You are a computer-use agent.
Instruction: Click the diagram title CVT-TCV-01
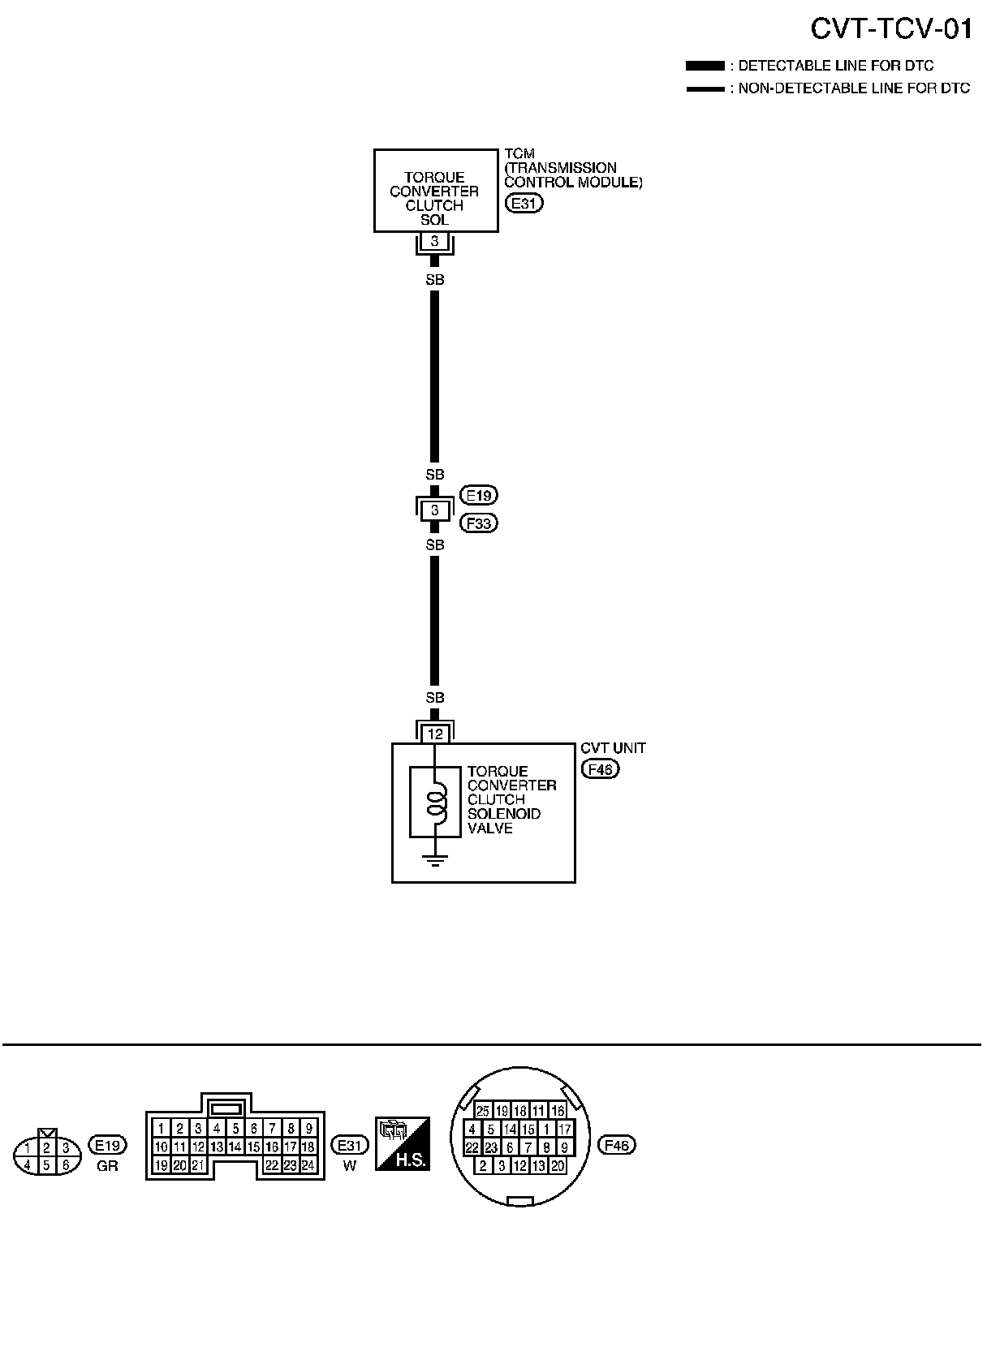coord(890,30)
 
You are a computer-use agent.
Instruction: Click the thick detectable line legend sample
coord(705,66)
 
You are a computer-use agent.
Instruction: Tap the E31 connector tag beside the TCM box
coord(524,204)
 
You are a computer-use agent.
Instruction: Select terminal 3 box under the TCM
coord(435,241)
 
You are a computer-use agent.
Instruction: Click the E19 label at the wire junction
coord(479,495)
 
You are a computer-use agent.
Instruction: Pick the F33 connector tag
coord(479,523)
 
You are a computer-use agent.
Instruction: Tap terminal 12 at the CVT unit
coord(436,734)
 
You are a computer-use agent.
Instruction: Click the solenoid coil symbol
coord(437,802)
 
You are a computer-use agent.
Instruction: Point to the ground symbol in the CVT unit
coord(436,860)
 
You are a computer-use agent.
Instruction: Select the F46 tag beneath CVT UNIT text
coord(600,768)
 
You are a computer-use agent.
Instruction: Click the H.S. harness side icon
coord(402,1144)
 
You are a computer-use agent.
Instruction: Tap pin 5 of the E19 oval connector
coord(47,1165)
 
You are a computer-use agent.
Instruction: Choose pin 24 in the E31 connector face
coord(308,1165)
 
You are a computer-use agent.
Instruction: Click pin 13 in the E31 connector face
coord(217,1147)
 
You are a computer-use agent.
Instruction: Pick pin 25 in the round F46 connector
coord(483,1111)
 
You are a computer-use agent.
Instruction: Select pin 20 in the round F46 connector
coord(557,1165)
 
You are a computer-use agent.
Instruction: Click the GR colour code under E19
coord(107,1167)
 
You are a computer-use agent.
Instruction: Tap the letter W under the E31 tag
coord(350,1167)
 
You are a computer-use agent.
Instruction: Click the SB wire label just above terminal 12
coord(435,698)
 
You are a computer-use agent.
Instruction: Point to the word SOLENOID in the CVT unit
coord(504,814)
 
